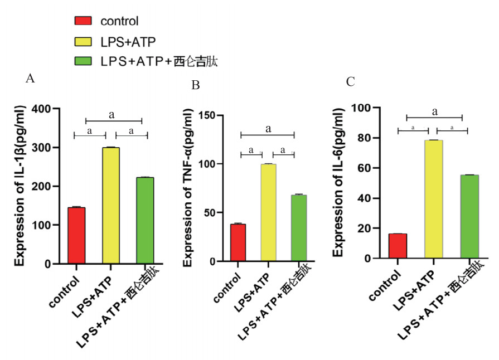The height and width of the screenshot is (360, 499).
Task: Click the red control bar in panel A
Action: click(76, 235)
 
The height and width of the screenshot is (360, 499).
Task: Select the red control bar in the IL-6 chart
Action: click(398, 246)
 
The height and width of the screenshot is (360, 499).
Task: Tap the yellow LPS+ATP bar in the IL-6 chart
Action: click(433, 199)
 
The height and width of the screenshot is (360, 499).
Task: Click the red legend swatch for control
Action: click(83, 21)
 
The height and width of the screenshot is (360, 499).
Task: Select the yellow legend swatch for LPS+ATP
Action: click(83, 42)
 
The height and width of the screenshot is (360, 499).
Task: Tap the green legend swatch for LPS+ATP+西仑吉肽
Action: click(83, 61)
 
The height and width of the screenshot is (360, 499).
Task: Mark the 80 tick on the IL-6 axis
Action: click(370, 138)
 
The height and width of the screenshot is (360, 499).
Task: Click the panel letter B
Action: click(195, 85)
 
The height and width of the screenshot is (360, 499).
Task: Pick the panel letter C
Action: click(350, 82)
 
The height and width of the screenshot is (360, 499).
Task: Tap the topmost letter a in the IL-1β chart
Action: click(112, 115)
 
